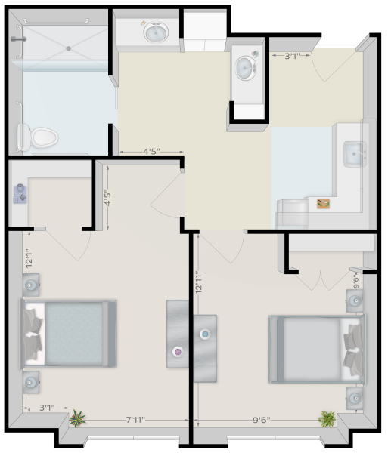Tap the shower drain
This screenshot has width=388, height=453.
pyautogui.click(x=69, y=48)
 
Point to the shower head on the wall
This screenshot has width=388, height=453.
pyautogui.click(x=18, y=39)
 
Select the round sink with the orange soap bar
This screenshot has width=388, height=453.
pyautogui.click(x=157, y=32)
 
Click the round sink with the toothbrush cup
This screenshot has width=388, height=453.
pyautogui.click(x=245, y=68)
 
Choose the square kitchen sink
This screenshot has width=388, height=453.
pyautogui.click(x=355, y=154)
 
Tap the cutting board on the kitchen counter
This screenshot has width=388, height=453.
pyautogui.click(x=324, y=204)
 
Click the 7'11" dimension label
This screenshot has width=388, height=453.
pyautogui.click(x=135, y=420)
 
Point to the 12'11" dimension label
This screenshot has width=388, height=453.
pyautogui.click(x=198, y=282)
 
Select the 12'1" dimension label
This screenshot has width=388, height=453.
pyautogui.click(x=29, y=258)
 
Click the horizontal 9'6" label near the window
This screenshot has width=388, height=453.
pyautogui.click(x=262, y=420)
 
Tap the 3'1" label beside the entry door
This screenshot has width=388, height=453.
pyautogui.click(x=292, y=56)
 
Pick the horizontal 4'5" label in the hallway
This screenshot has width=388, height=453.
pyautogui.click(x=151, y=152)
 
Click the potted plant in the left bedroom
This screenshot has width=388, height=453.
pyautogui.click(x=77, y=418)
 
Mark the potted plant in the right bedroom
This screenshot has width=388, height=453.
pyautogui.click(x=327, y=419)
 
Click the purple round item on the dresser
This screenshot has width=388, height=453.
pyautogui.click(x=178, y=352)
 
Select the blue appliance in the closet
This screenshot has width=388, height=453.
pyautogui.click(x=20, y=194)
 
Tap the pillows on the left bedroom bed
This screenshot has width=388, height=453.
pyautogui.click(x=33, y=334)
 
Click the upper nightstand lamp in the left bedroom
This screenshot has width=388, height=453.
pyautogui.click(x=30, y=285)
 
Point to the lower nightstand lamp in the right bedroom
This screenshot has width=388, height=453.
pyautogui.click(x=355, y=399)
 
